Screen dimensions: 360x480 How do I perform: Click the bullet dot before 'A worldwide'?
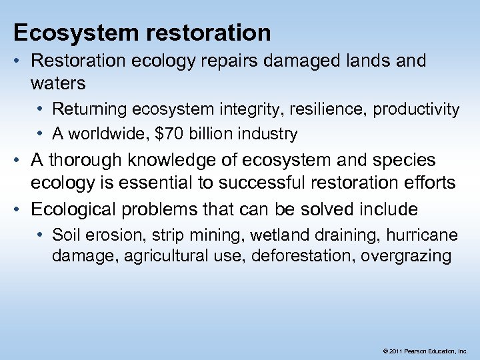[42, 134]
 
